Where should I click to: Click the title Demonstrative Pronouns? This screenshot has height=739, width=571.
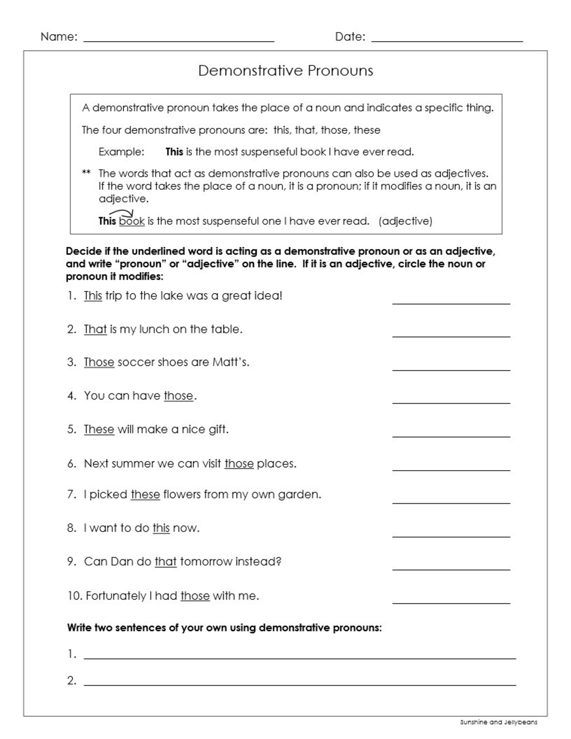pyautogui.click(x=285, y=70)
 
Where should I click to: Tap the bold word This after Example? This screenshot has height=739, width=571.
pyautogui.click(x=174, y=152)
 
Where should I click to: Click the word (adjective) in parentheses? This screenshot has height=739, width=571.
pyautogui.click(x=405, y=221)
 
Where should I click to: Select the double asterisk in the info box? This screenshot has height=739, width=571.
pyautogui.click(x=86, y=173)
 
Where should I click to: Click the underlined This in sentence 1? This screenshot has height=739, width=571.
pyautogui.click(x=93, y=296)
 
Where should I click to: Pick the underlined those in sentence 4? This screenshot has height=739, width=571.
pyautogui.click(x=178, y=396)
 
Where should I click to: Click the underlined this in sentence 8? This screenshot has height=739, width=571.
pyautogui.click(x=161, y=528)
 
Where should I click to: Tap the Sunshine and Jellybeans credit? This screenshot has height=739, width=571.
pyautogui.click(x=498, y=722)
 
